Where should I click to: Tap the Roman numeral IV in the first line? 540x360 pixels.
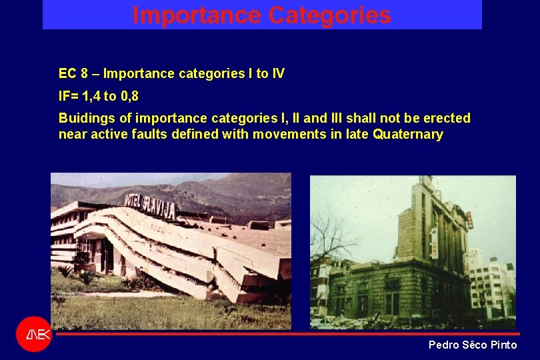click(277, 73)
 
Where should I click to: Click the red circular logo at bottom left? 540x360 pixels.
click(33, 334)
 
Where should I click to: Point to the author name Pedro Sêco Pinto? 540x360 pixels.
click(472, 345)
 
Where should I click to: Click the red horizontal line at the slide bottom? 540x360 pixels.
click(287, 333)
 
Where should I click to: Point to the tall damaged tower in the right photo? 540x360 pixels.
click(427, 227)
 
